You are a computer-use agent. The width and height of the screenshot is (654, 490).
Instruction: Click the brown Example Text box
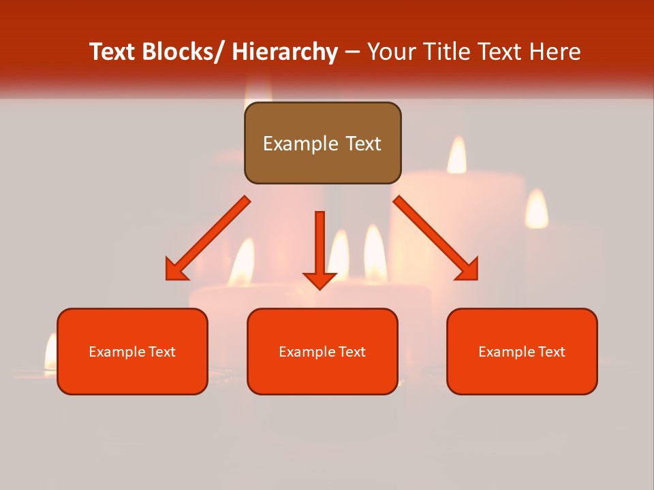coord(322,143)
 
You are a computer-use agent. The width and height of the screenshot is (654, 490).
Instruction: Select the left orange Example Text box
coord(132,351)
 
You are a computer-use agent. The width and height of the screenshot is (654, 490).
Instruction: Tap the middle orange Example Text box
coord(322,351)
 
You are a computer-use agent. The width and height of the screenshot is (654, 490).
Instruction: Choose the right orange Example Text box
coord(522,351)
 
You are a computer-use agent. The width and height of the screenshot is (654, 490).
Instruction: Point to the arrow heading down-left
coord(208,239)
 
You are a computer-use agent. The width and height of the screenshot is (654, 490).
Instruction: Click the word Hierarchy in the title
coord(285,52)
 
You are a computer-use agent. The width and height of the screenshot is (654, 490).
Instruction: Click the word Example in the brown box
coord(300,144)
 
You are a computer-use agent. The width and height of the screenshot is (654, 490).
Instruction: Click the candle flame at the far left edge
coord(50,353)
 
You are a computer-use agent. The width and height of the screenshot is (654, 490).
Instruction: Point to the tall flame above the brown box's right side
coord(456,154)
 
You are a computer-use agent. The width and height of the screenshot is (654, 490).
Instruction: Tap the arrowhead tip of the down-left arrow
coord(168,278)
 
